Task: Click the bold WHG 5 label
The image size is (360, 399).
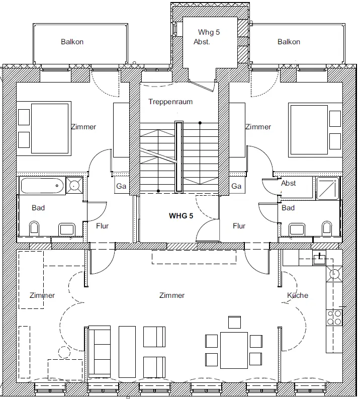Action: [x=181, y=216]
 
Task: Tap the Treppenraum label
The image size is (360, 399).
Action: [x=170, y=102]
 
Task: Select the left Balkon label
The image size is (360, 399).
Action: [x=72, y=42]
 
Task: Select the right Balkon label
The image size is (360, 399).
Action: [x=289, y=42]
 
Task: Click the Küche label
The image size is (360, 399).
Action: [x=298, y=295]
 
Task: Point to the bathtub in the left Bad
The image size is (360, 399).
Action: [x=42, y=186]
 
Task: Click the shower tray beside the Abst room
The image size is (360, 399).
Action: [x=328, y=188]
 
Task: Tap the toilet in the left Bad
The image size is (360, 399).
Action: [x=34, y=228]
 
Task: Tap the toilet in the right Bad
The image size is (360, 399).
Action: [x=327, y=228]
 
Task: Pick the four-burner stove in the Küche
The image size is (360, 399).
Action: [x=334, y=317]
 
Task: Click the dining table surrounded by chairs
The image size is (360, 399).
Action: [x=234, y=350]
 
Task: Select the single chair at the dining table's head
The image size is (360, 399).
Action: [x=234, y=322]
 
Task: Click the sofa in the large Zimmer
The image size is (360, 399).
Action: [x=100, y=352]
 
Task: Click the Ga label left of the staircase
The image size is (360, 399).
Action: [x=121, y=186]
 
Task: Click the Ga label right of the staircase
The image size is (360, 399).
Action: [x=236, y=186]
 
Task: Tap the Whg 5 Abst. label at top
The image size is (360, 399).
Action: [x=207, y=37]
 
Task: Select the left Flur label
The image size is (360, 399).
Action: [x=102, y=226]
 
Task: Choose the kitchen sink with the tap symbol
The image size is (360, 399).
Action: [x=319, y=259]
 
